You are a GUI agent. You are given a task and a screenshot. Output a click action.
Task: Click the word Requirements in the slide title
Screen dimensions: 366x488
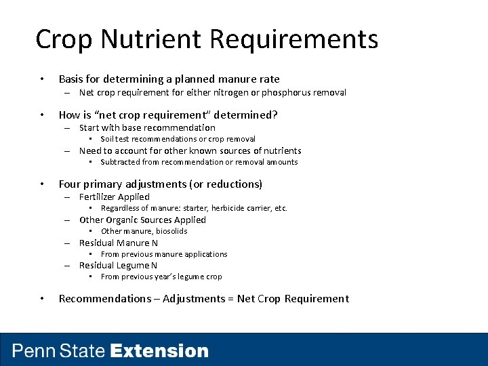coord(294,39)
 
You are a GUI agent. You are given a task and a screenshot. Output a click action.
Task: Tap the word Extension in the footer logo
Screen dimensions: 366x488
coord(159,351)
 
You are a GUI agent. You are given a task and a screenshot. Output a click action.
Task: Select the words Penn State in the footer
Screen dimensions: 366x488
coord(59,351)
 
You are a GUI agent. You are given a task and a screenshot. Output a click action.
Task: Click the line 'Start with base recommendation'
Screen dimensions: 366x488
coord(147,127)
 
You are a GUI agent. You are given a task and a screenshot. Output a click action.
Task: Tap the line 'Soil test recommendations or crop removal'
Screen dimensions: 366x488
coord(178,139)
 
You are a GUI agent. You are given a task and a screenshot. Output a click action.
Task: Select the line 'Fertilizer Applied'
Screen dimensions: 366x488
coord(115,197)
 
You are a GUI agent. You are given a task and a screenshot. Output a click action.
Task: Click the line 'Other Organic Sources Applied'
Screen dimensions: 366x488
coord(142,220)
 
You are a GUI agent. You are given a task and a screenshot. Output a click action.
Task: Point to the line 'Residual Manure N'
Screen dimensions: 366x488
coord(119,243)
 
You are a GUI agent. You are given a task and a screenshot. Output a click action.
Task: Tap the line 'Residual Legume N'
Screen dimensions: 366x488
coord(118,266)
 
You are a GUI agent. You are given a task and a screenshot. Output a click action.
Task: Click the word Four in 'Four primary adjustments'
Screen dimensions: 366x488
coord(70,184)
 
